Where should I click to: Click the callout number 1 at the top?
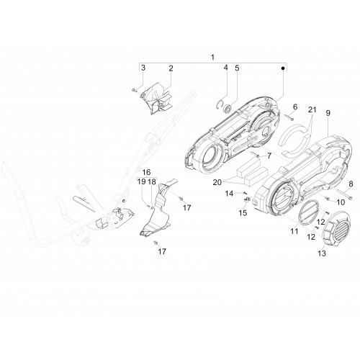click(212, 58)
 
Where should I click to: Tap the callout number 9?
click(328, 113)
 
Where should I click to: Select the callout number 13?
click(322, 253)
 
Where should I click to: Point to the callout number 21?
click(312, 109)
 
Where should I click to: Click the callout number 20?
click(217, 182)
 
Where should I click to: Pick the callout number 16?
click(146, 172)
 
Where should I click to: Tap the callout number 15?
click(243, 212)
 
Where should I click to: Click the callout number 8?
click(351, 184)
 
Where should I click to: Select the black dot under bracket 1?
click(283, 68)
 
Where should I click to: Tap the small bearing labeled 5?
click(227, 109)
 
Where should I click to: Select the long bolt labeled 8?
click(345, 194)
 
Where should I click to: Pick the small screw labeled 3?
click(134, 90)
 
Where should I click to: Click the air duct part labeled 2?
click(156, 99)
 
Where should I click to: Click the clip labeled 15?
click(247, 199)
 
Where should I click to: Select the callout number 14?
click(229, 194)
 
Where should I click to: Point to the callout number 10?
click(341, 202)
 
